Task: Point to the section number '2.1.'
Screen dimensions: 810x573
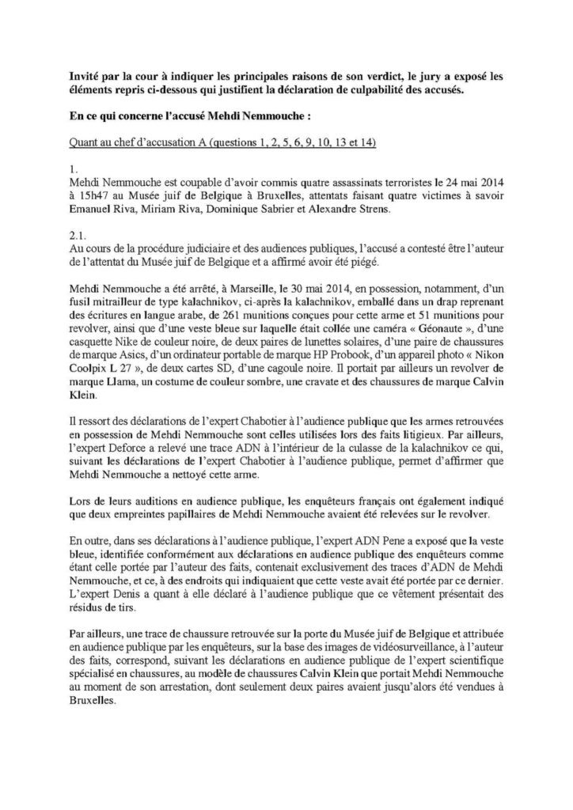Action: tap(78, 237)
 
